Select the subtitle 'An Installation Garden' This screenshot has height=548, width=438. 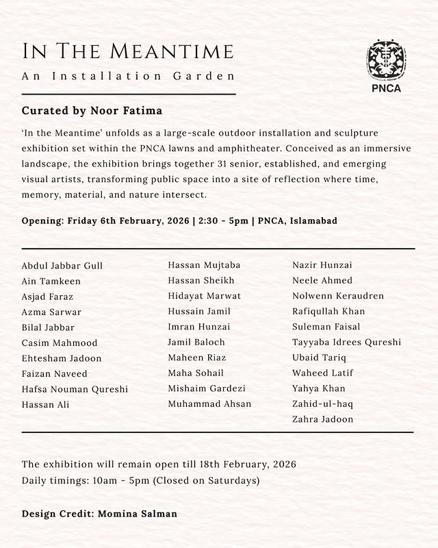(x=128, y=76)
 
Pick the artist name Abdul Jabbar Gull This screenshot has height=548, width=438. (x=62, y=266)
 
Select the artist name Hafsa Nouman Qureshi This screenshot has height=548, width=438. (x=75, y=389)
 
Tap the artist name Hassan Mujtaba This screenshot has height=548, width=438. (x=204, y=265)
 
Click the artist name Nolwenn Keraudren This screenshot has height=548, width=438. (x=338, y=296)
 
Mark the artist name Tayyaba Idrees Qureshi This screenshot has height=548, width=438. (x=346, y=342)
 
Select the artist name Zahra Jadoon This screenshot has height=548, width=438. (x=322, y=419)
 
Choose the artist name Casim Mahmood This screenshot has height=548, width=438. (x=60, y=342)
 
